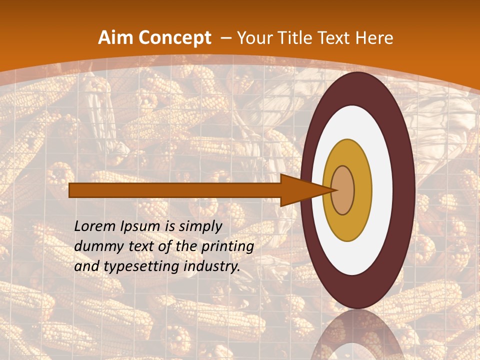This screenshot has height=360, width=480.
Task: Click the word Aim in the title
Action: (x=115, y=38)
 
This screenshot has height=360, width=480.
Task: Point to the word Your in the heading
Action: (x=254, y=38)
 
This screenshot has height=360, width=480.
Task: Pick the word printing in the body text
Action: (x=228, y=246)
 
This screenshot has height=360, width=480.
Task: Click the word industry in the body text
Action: (x=211, y=266)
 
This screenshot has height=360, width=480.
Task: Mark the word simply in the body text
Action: (x=199, y=227)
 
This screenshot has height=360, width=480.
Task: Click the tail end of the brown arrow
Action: (x=71, y=190)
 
